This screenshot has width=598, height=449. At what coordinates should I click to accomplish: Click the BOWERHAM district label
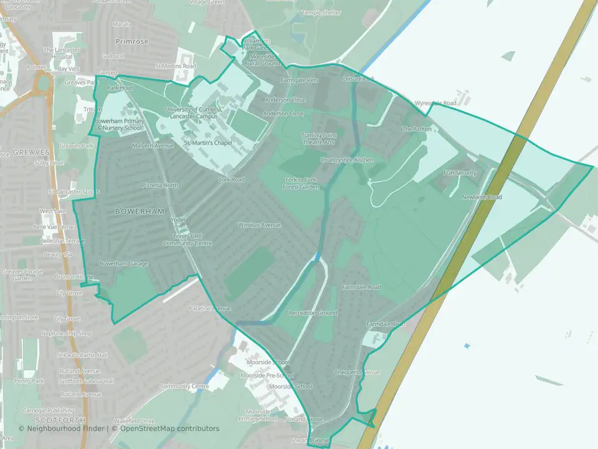click(134, 211)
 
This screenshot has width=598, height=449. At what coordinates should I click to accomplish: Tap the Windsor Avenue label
click(259, 225)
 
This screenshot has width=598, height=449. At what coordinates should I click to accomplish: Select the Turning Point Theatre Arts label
click(318, 138)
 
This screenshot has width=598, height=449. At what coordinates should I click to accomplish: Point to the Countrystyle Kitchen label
click(347, 160)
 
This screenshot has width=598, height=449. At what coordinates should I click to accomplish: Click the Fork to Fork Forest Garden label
click(297, 183)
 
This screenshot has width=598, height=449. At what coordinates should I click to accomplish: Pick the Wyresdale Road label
click(435, 103)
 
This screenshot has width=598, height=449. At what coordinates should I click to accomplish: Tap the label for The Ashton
click(417, 129)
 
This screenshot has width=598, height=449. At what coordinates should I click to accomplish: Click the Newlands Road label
click(482, 197)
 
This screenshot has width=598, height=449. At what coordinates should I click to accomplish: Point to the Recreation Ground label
click(313, 313)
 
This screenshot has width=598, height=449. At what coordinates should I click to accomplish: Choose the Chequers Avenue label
click(357, 372)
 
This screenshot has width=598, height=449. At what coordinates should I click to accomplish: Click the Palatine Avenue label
click(211, 309)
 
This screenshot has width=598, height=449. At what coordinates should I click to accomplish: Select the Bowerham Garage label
click(123, 264)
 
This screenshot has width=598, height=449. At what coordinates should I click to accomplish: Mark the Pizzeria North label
click(160, 185)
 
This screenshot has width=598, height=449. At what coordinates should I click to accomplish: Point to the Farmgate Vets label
click(300, 80)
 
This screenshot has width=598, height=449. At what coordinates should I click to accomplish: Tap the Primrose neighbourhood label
click(132, 41)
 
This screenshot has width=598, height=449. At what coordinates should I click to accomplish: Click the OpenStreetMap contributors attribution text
click(170, 428)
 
